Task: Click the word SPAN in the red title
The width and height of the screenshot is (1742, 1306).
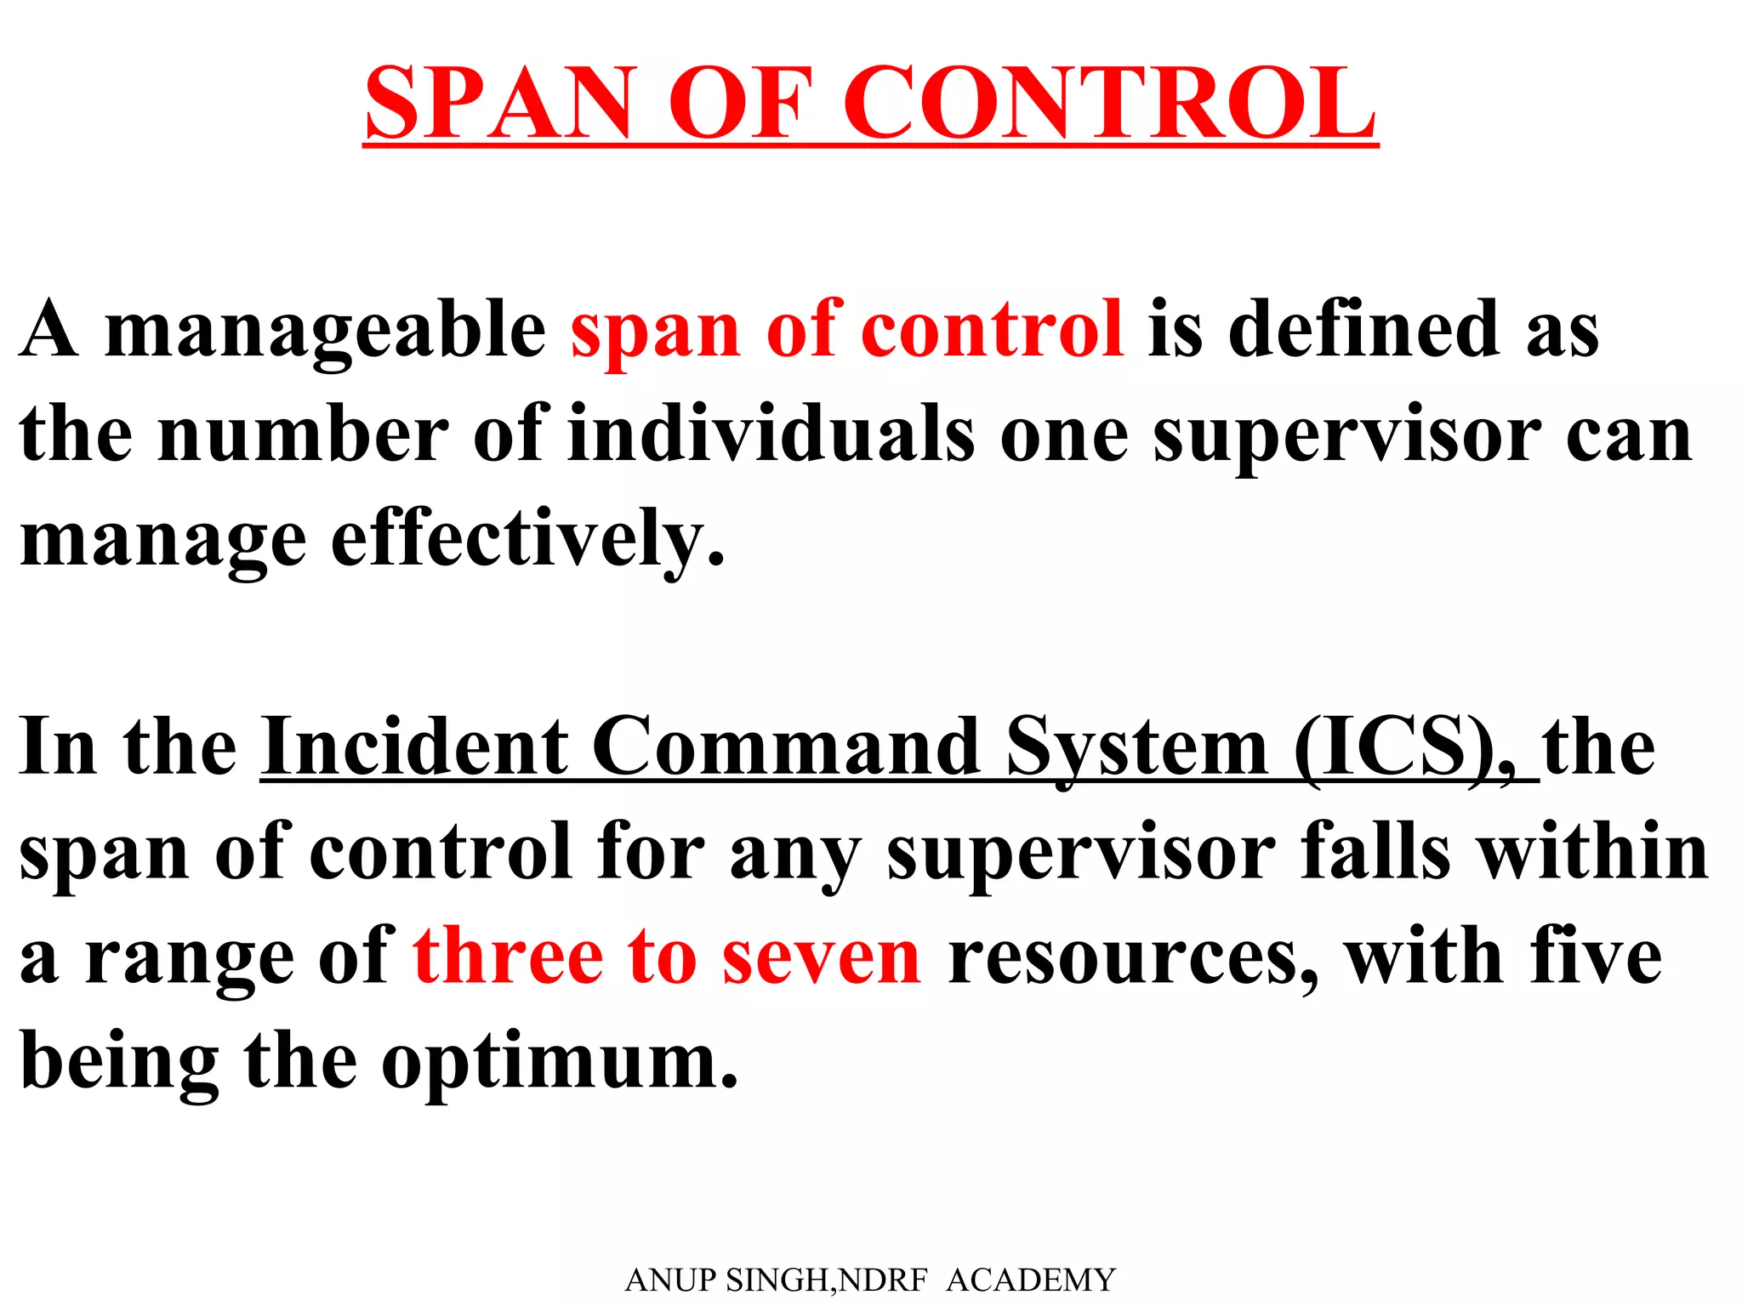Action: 501,103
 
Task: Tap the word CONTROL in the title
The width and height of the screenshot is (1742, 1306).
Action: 1109,103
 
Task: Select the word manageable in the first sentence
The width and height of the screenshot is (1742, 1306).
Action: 325,332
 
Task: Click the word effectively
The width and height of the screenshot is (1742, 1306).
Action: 527,539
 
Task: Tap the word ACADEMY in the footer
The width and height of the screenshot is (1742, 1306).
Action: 1030,1280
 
